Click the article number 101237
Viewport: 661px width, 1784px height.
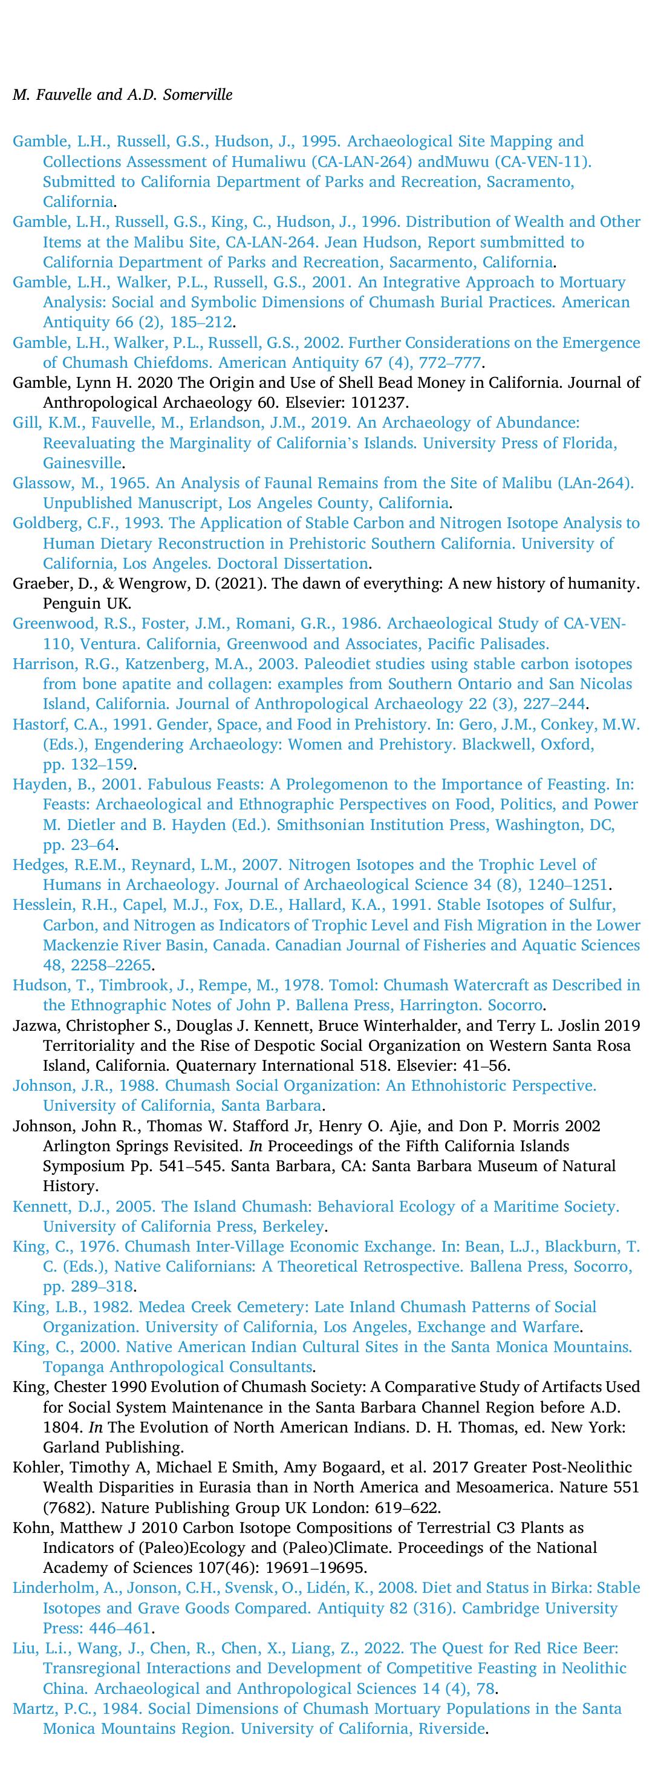point(380,403)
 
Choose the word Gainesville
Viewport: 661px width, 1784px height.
point(82,463)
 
